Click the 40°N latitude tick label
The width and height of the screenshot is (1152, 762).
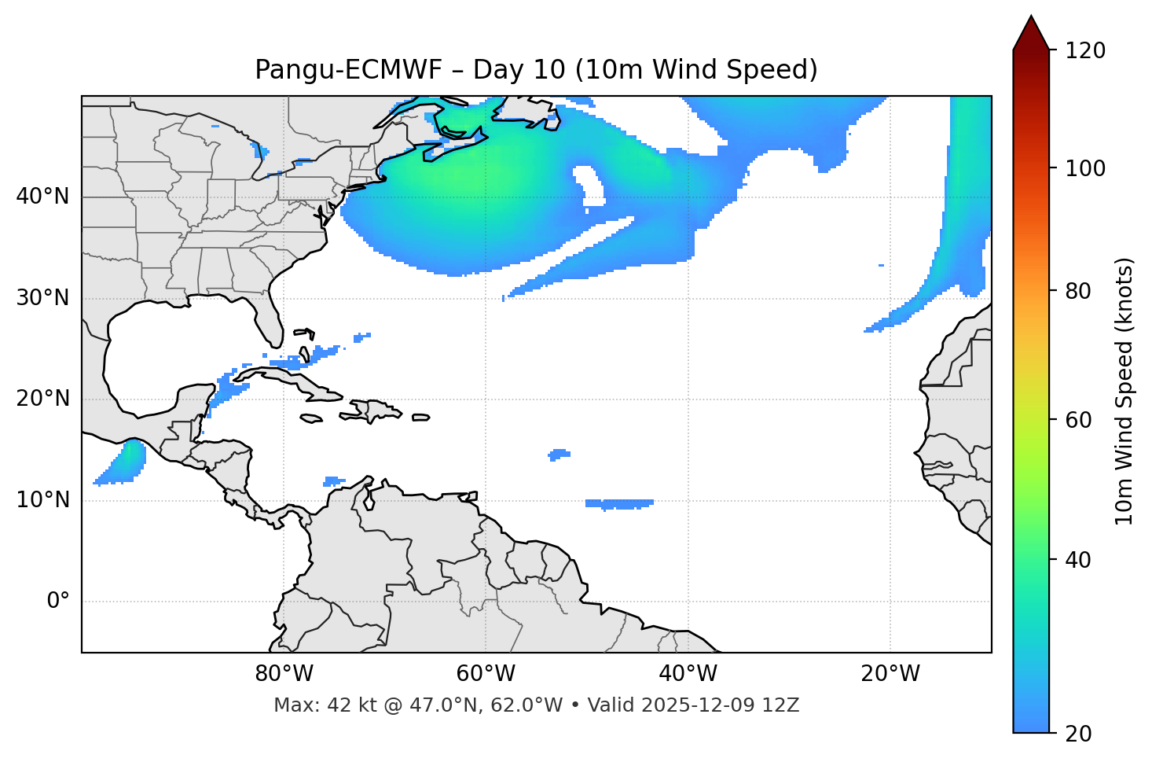point(42,197)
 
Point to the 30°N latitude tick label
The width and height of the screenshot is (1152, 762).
point(42,298)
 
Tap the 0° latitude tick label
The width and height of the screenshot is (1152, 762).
point(58,602)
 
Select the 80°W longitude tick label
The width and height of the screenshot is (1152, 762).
point(284,674)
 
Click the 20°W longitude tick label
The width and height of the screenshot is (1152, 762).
point(890,674)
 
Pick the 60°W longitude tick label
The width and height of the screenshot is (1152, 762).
point(486,674)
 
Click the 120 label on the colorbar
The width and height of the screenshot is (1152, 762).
point(1085,51)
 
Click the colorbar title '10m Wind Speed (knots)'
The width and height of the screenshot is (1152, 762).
point(1124,391)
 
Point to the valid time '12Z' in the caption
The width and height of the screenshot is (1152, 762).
point(783,705)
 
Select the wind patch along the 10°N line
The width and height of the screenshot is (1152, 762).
point(619,503)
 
